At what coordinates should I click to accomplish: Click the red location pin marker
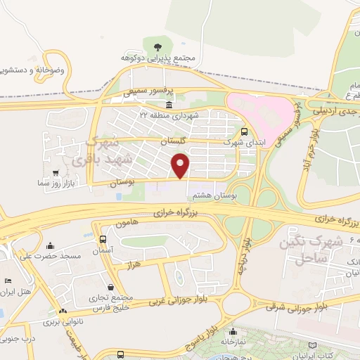[x=182, y=165]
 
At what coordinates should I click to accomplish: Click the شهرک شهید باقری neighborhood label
[x=99, y=151]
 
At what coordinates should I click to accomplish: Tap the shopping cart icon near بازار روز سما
[x=56, y=172]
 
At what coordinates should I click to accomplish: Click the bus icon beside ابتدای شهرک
[x=244, y=131]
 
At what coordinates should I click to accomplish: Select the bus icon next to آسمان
[x=104, y=239]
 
